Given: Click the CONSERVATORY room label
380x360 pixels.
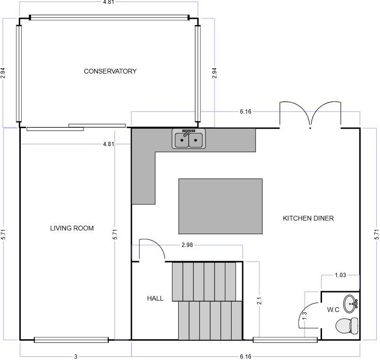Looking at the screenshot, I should click(110, 71).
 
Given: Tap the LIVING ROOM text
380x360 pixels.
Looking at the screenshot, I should click(72, 228).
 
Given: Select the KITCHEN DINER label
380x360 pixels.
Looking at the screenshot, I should click(308, 218).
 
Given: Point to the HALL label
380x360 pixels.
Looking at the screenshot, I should click(155, 298).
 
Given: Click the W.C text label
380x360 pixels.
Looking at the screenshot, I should click(333, 310).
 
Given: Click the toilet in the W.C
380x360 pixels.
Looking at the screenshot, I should click(347, 325).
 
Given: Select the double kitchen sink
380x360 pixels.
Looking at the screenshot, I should click(189, 139).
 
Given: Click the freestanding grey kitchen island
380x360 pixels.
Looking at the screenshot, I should click(220, 206).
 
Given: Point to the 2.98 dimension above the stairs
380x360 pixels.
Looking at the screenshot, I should click(188, 245).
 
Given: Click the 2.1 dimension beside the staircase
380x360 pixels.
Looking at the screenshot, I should click(259, 301).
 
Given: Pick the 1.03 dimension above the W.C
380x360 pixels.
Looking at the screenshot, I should click(340, 275).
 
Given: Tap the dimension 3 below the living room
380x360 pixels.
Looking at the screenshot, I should click(75, 357).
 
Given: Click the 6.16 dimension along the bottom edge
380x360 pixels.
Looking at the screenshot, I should click(245, 357).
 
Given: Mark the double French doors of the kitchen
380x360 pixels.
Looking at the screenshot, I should click(310, 115).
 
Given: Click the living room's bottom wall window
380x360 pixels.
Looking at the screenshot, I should click(71, 339).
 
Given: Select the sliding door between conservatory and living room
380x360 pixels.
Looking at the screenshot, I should click(76, 127).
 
